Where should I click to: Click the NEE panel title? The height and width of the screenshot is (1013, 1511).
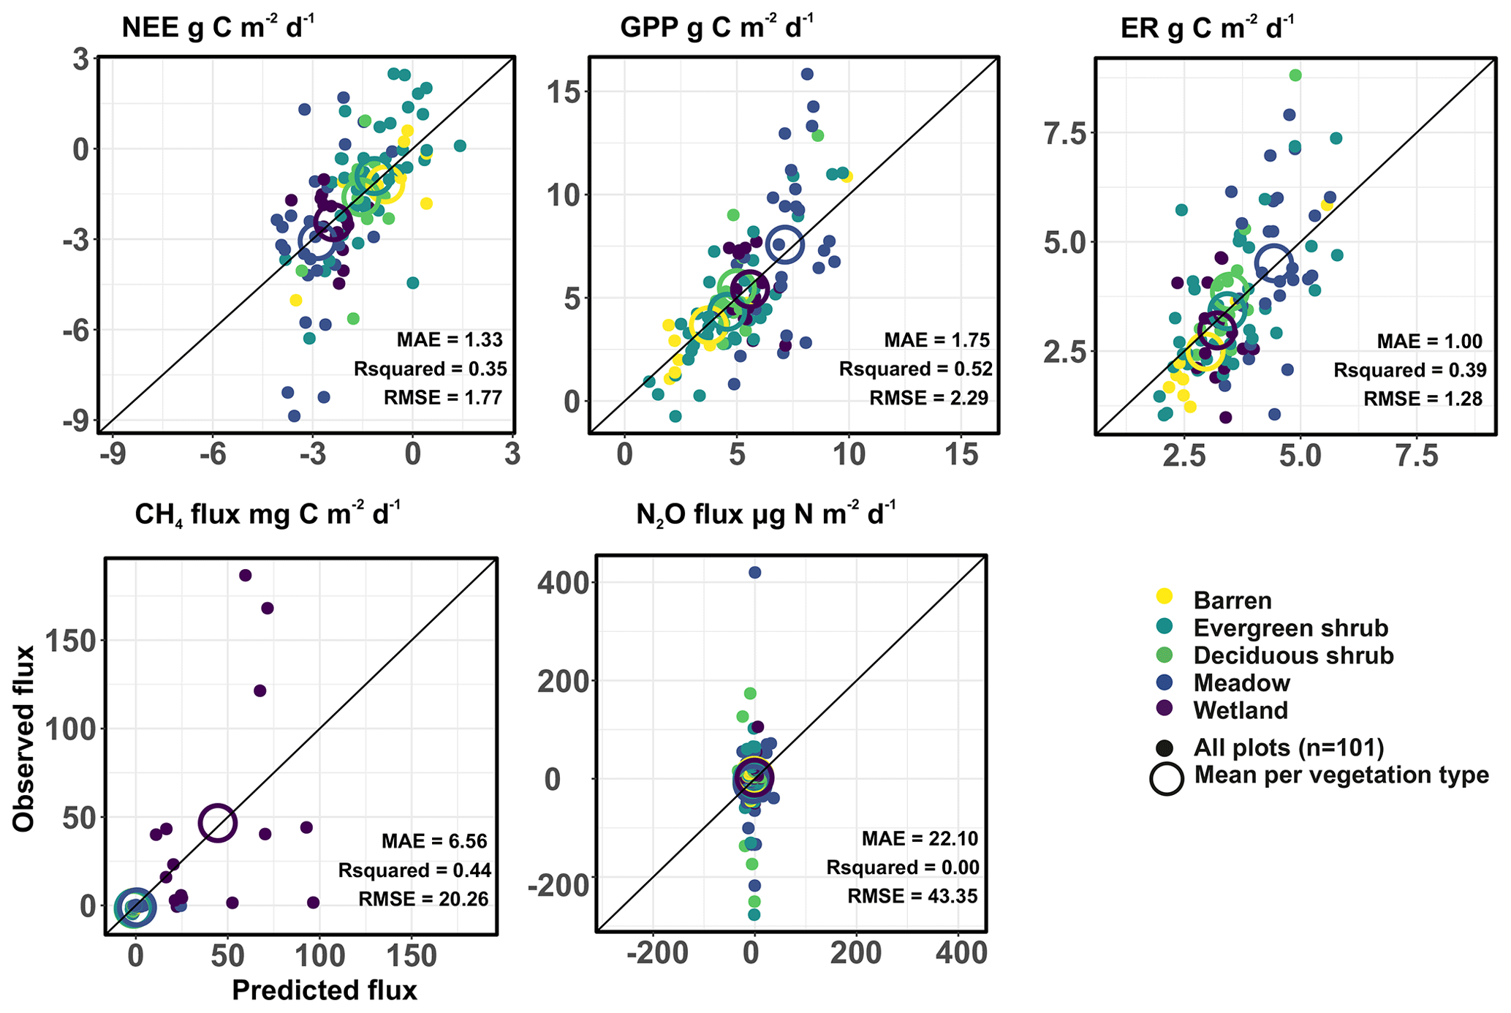point(218,28)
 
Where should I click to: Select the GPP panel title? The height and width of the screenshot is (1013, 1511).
point(716,28)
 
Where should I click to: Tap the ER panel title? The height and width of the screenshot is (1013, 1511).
point(1207,28)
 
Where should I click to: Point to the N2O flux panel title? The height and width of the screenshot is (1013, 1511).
point(765,515)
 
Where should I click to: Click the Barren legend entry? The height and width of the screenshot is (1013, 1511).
point(1232,600)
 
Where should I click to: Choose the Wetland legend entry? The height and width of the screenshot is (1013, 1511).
point(1241,710)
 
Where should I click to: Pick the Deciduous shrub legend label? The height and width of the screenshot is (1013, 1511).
point(1293,655)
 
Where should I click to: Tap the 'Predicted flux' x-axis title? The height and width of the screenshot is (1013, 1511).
point(325,990)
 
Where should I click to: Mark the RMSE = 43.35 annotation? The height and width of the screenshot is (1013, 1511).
point(912,896)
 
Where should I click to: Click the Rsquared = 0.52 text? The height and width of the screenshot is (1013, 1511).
point(916,369)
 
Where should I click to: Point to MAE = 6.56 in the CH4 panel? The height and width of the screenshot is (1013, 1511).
point(434,841)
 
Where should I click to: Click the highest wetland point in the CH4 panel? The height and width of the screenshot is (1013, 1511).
point(246,576)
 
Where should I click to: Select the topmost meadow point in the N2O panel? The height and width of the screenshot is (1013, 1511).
point(754,573)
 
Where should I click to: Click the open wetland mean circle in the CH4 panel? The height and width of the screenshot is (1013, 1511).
point(217,823)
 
